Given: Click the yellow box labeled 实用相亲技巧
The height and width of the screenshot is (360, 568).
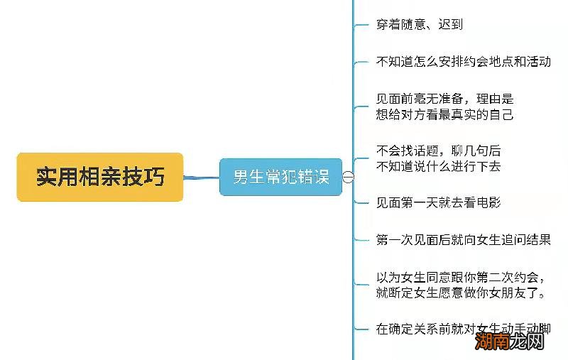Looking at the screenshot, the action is coord(100,177).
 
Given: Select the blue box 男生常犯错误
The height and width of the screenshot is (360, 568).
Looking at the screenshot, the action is coord(281,177).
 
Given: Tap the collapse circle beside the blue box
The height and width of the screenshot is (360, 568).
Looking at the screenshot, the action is coord(348,178).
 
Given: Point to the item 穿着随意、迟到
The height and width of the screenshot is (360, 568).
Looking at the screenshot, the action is coord(419,24).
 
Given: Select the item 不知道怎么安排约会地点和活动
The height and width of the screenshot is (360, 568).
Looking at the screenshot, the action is coord(463,61).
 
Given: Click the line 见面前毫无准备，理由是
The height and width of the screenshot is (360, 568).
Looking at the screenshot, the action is coord(444,99).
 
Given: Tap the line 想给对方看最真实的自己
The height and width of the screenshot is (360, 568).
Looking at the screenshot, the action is coord(444,114).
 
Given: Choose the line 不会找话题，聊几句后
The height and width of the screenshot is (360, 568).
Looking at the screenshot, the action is coord(438,151).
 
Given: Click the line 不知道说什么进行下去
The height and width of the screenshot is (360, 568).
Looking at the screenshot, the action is coord(438,166).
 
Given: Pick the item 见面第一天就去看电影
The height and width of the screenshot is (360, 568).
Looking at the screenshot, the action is coord(438,203).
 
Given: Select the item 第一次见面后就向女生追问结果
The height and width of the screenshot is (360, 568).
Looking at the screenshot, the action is coord(463,240).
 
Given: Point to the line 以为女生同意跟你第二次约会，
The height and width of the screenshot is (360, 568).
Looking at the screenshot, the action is coord(461,277).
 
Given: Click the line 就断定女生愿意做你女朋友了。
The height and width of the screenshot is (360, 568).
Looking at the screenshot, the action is coord(461,293).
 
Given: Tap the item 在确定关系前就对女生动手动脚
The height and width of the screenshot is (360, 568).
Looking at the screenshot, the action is coord(463,329).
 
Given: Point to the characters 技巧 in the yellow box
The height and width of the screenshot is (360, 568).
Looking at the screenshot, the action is coord(144,177).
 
